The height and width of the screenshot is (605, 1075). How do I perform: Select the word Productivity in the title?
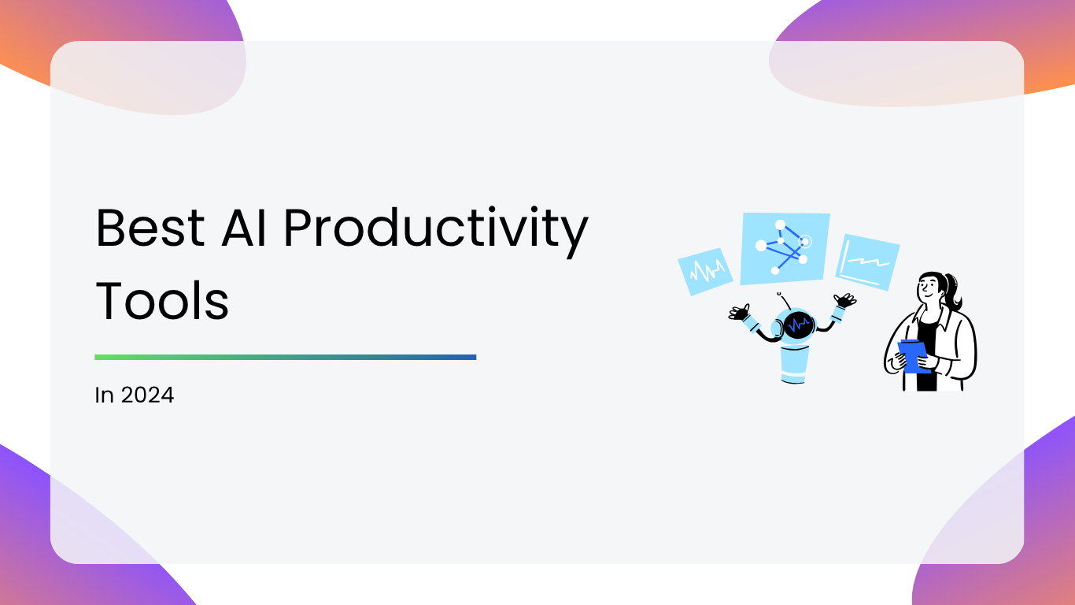tap(436, 232)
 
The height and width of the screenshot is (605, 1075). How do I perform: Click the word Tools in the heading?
tap(162, 300)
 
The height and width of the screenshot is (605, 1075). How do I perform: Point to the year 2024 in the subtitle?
tap(147, 395)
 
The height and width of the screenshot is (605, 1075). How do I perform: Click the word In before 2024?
tap(104, 395)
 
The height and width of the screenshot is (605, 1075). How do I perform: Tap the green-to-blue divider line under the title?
tap(286, 357)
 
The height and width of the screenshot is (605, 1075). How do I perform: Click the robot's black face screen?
tap(799, 325)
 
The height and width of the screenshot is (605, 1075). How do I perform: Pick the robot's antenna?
tap(784, 301)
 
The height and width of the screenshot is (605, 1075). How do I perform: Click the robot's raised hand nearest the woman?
tap(845, 300)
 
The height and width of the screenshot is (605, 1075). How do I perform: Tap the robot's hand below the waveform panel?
tap(740, 313)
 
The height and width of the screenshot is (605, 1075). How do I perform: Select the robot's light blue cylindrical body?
tap(794, 364)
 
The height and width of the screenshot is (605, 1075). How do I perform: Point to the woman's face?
tap(929, 288)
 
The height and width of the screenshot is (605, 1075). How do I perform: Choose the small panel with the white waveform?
tap(705, 272)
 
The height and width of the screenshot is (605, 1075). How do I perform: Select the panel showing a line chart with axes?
tap(868, 262)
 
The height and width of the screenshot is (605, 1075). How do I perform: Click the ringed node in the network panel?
tap(805, 241)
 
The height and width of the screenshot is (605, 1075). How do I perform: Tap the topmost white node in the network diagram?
tap(781, 225)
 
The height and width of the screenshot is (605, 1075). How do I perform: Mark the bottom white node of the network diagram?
tap(775, 271)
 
